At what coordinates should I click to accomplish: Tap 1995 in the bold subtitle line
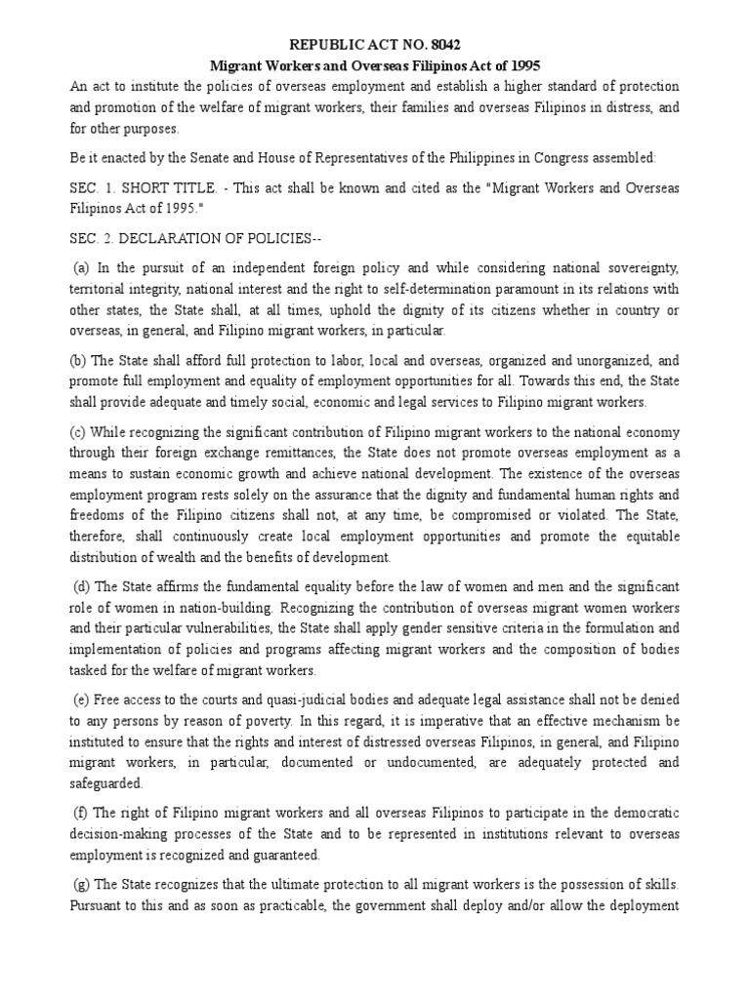click(x=519, y=65)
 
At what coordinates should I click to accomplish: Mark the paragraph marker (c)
click(x=78, y=432)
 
